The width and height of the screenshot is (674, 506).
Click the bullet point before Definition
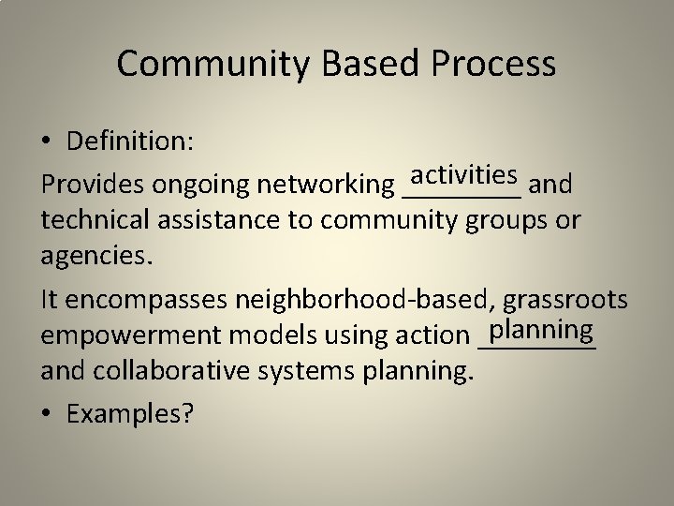tap(47, 141)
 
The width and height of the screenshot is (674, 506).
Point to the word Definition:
tap(130, 141)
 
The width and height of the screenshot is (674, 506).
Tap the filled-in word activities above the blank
tap(465, 174)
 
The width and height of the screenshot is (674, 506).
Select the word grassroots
tap(565, 300)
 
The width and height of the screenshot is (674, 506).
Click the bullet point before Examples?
tap(47, 414)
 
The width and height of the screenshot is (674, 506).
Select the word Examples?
tap(131, 414)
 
